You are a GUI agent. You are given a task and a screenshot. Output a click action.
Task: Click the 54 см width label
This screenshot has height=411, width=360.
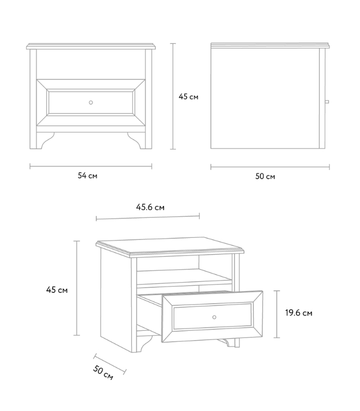87,176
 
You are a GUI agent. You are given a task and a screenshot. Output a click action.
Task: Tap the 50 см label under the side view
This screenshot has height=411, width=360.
265,176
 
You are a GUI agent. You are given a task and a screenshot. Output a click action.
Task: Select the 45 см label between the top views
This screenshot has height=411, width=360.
188,97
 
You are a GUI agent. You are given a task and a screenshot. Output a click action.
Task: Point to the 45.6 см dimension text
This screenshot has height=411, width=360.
150,208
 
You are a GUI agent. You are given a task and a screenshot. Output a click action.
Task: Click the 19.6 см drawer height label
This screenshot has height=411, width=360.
299,313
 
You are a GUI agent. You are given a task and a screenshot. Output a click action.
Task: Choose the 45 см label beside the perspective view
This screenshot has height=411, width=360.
57,290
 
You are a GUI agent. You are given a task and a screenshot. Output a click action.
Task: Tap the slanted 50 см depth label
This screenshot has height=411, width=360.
103,372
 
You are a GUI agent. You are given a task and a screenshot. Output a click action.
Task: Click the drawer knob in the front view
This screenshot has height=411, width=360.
91,102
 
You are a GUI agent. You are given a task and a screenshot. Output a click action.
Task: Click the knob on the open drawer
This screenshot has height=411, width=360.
214,317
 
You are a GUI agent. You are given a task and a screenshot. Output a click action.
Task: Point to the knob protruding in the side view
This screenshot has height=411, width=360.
327,102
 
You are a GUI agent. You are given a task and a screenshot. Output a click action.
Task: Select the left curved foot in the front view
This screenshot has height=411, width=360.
45,141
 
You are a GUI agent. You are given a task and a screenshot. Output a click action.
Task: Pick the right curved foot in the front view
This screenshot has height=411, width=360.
136,141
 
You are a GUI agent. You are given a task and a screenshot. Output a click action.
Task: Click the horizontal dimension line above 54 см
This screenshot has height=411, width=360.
91,166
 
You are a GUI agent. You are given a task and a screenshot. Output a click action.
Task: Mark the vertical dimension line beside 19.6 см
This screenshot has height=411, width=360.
277,314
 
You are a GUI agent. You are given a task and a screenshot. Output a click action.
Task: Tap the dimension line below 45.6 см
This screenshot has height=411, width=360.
148,217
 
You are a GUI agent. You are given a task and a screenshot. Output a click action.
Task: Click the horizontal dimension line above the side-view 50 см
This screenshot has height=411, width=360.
270,166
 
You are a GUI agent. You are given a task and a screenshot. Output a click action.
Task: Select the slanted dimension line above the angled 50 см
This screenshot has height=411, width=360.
110,364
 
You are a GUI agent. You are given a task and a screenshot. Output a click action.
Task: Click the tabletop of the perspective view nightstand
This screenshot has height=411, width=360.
170,246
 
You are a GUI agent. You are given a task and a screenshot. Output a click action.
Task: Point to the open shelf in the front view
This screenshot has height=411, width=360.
91,64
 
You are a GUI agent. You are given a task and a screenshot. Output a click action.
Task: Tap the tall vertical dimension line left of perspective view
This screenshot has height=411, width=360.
77,288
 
